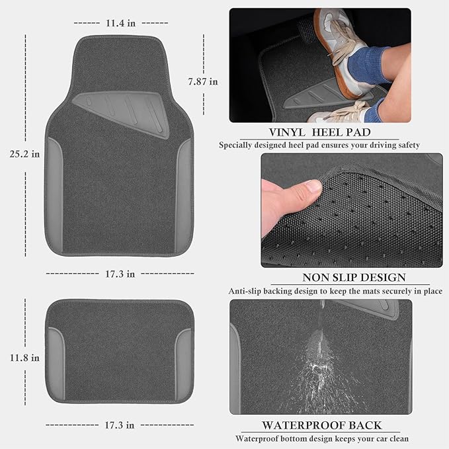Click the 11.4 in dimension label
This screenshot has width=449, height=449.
tap(120, 23)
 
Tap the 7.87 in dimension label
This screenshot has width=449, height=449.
tap(202, 82)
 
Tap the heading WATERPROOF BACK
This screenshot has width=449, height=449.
tap(321, 425)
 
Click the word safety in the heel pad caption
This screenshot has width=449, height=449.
tap(406, 145)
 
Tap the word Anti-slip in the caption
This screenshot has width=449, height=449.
tap(248, 291)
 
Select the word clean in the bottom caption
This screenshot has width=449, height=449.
tap(396, 438)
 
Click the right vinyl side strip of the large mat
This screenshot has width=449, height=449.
tap(183, 196)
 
